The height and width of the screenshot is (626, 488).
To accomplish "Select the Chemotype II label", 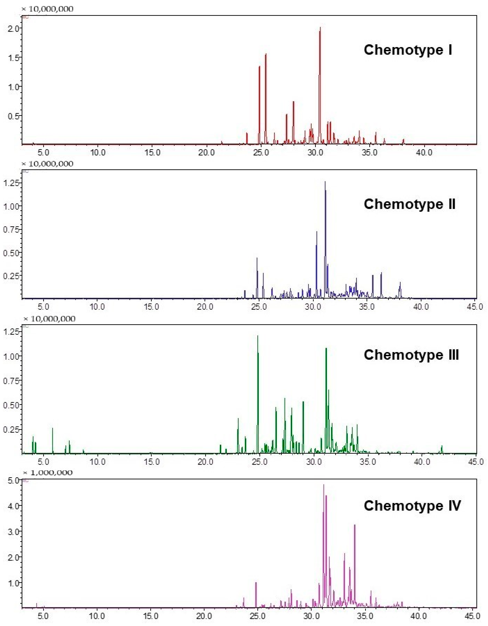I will tap(409, 204).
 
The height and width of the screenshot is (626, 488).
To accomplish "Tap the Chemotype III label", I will tap(411, 355).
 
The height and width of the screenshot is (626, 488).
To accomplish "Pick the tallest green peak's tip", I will tap(257, 336).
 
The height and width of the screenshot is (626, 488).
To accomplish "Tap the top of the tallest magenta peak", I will tap(324, 485).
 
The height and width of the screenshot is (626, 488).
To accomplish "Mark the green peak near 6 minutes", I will tap(52, 428).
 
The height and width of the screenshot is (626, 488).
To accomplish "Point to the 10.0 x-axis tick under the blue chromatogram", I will tap(98, 307).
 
